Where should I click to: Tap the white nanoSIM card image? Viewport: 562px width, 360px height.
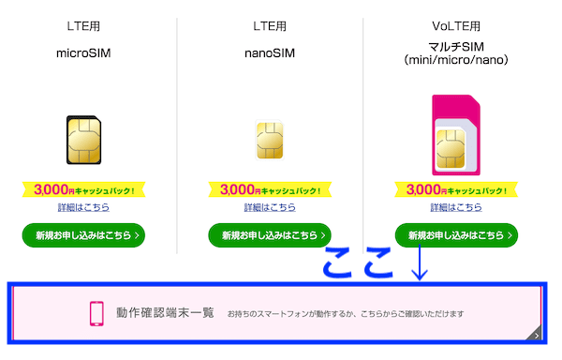[x=270, y=141]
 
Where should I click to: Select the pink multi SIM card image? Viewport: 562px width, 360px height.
[x=456, y=136]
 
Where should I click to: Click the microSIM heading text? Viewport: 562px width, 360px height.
[x=82, y=53]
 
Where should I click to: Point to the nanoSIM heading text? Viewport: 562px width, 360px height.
[x=270, y=53]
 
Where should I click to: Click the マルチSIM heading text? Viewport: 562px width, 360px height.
[x=456, y=46]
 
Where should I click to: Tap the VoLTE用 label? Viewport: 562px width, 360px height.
[x=456, y=26]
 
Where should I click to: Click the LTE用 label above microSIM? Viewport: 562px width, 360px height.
[x=82, y=26]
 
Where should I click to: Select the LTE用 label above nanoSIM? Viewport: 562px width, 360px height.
[x=270, y=26]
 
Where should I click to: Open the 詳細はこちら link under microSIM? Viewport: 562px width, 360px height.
[x=82, y=207]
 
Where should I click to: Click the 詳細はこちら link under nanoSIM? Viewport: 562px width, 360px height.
[x=270, y=207]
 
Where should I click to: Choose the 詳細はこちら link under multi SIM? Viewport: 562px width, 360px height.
[x=456, y=207]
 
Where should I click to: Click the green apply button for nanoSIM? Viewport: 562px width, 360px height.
[x=270, y=234]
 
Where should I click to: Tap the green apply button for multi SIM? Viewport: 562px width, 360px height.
[x=456, y=234]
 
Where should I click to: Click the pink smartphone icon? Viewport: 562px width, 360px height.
[x=96, y=313]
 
